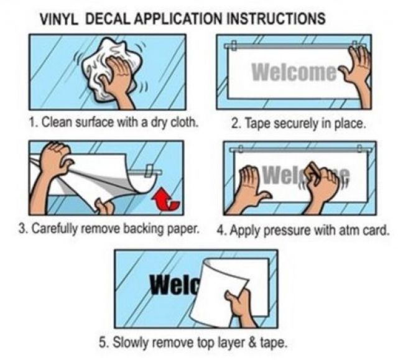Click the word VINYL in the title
point(59,19)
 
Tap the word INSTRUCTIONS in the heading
point(275,19)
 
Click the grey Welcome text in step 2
point(294,72)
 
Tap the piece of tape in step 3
point(149,170)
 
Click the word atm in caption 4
point(349,231)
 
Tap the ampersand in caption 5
point(252,343)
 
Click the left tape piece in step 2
point(234,45)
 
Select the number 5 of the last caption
point(102,343)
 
